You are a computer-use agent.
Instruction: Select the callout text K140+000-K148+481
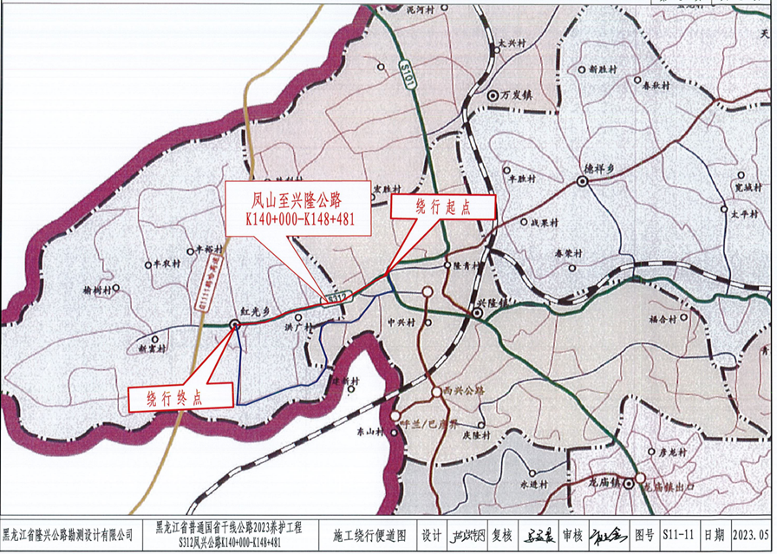[x=299, y=220]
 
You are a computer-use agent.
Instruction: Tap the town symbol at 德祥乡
[x=578, y=182]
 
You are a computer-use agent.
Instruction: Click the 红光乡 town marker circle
[x=235, y=325]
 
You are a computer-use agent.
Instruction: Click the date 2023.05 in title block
[x=750, y=536]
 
